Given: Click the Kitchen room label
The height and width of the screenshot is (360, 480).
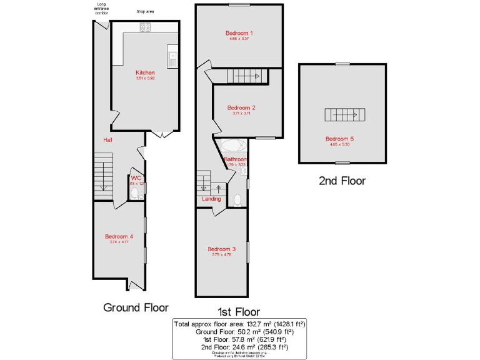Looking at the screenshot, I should (x=144, y=72).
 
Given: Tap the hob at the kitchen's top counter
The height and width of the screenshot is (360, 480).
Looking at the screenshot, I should (x=145, y=27).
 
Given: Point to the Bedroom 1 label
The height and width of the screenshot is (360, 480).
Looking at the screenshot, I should (x=239, y=32).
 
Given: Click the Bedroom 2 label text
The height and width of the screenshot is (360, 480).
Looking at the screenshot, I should (x=241, y=107).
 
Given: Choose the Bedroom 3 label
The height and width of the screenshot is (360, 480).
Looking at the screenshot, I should (x=222, y=249).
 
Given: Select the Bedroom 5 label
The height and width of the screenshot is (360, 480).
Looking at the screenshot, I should (x=341, y=139).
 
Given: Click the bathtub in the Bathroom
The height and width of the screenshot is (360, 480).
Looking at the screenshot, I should (x=233, y=147).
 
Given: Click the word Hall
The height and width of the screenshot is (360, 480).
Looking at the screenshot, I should (x=107, y=140).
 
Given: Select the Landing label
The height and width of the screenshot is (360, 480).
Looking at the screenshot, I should (x=211, y=199).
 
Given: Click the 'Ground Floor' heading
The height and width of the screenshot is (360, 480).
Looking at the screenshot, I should (x=136, y=307).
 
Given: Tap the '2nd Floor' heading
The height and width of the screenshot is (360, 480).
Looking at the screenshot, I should (x=342, y=181).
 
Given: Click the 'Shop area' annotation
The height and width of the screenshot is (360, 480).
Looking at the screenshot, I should (x=145, y=11).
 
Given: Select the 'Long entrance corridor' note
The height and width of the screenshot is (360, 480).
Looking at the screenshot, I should (x=101, y=7).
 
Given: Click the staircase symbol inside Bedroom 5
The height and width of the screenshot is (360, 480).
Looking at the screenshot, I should (x=341, y=115).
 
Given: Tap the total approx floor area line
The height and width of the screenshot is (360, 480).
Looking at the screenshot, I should (x=239, y=324).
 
